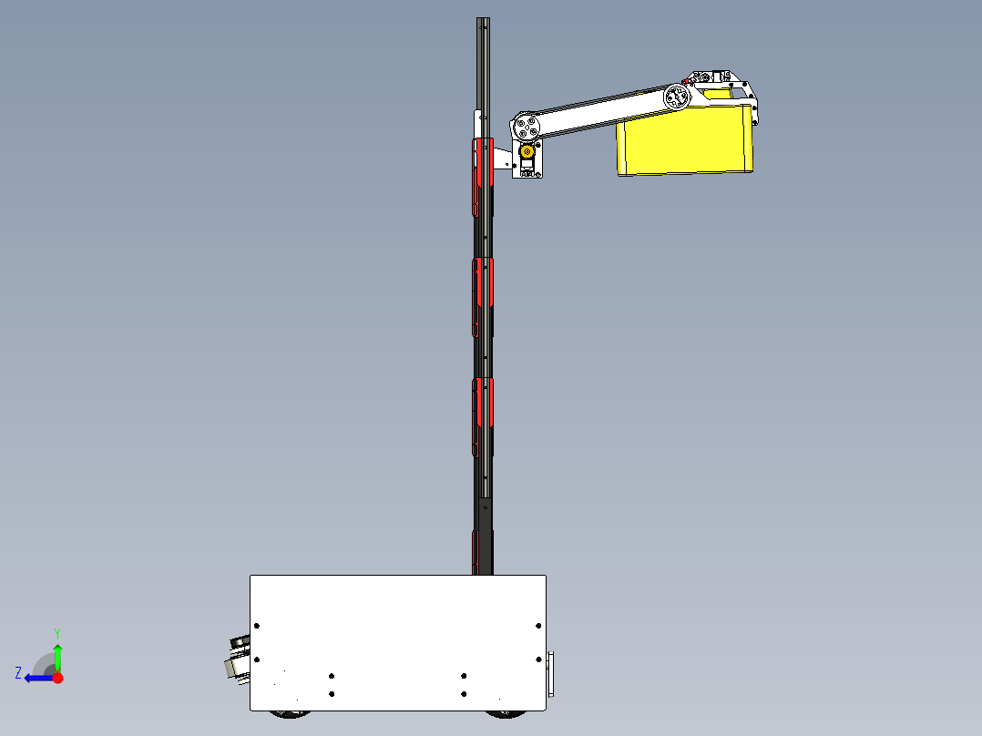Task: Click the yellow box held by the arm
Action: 685,141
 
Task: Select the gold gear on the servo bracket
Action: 527,155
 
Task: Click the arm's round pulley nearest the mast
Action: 526,127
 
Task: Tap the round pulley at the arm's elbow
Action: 675,97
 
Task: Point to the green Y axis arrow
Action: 57,655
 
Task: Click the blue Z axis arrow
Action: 36,678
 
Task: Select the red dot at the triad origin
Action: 57,678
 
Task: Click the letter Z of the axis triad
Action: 18,673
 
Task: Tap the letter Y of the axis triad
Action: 56,632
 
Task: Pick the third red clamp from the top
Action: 483,415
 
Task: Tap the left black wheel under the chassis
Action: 292,713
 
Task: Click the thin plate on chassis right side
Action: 549,675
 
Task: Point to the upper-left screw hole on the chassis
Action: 257,626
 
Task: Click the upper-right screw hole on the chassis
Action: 538,626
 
